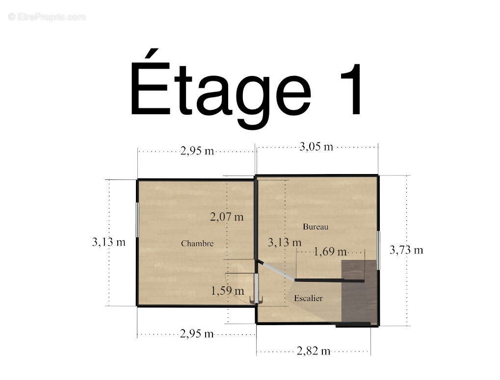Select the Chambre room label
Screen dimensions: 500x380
[x=197, y=244]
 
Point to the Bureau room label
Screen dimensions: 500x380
[x=316, y=227]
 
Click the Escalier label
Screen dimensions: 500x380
[x=308, y=299]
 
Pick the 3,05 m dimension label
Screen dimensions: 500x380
[x=316, y=147]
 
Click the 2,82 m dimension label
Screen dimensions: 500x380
[x=314, y=351]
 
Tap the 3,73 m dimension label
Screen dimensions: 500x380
[x=406, y=250]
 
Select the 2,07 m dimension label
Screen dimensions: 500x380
[x=227, y=217]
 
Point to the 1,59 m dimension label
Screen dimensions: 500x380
[x=228, y=291]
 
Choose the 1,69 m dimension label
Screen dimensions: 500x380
[x=330, y=252]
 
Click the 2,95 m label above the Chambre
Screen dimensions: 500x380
[x=197, y=151]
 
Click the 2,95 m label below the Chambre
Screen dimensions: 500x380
[x=197, y=334]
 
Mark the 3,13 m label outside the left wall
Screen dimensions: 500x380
[x=109, y=242]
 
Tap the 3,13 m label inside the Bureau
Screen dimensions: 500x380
[x=285, y=243]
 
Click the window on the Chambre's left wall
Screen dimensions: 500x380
[x=137, y=220]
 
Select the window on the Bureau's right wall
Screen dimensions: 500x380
[x=379, y=251]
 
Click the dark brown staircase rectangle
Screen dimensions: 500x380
[x=359, y=292]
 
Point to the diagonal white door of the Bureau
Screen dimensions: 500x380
[x=276, y=271]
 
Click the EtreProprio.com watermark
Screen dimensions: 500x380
[x=47, y=17]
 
